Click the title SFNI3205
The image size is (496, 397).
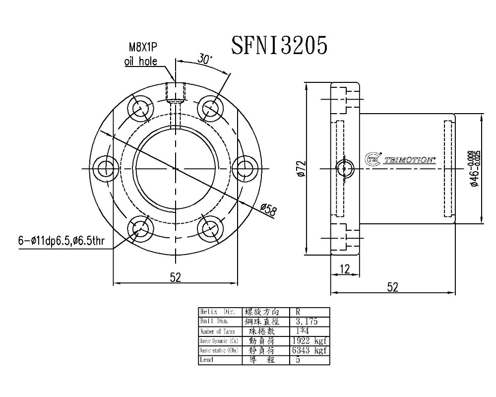(279, 46)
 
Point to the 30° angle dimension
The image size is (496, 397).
(204, 58)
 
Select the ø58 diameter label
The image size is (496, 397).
(268, 210)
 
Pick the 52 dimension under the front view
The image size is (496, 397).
(175, 278)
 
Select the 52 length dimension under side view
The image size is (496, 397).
(392, 286)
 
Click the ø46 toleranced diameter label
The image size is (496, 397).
(475, 169)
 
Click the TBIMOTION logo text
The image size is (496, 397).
(410, 160)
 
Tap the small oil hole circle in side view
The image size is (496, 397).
(344, 169)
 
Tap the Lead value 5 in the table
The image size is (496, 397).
(298, 360)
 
